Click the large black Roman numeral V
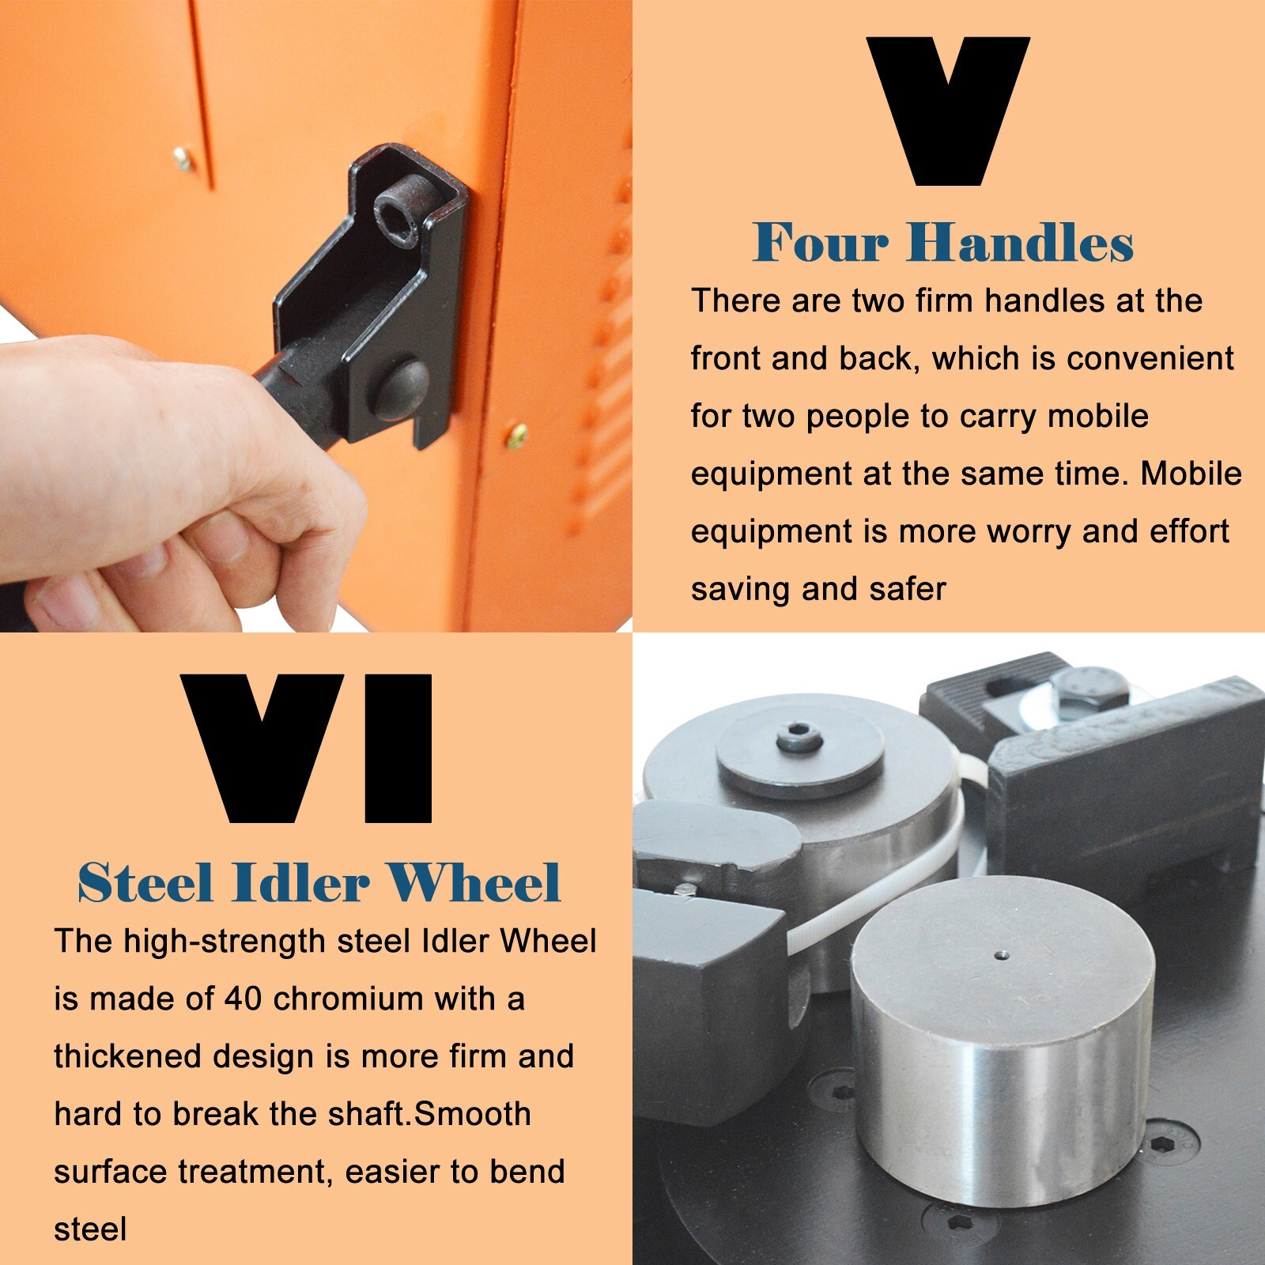pos(948,111)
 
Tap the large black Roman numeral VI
pos(307,748)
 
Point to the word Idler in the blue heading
pos(300,882)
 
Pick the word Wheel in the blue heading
pos(474,882)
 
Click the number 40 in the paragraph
pos(243,999)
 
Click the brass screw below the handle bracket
pos(516,434)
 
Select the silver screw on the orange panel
pos(183,159)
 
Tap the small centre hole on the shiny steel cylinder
pos(1003,954)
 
